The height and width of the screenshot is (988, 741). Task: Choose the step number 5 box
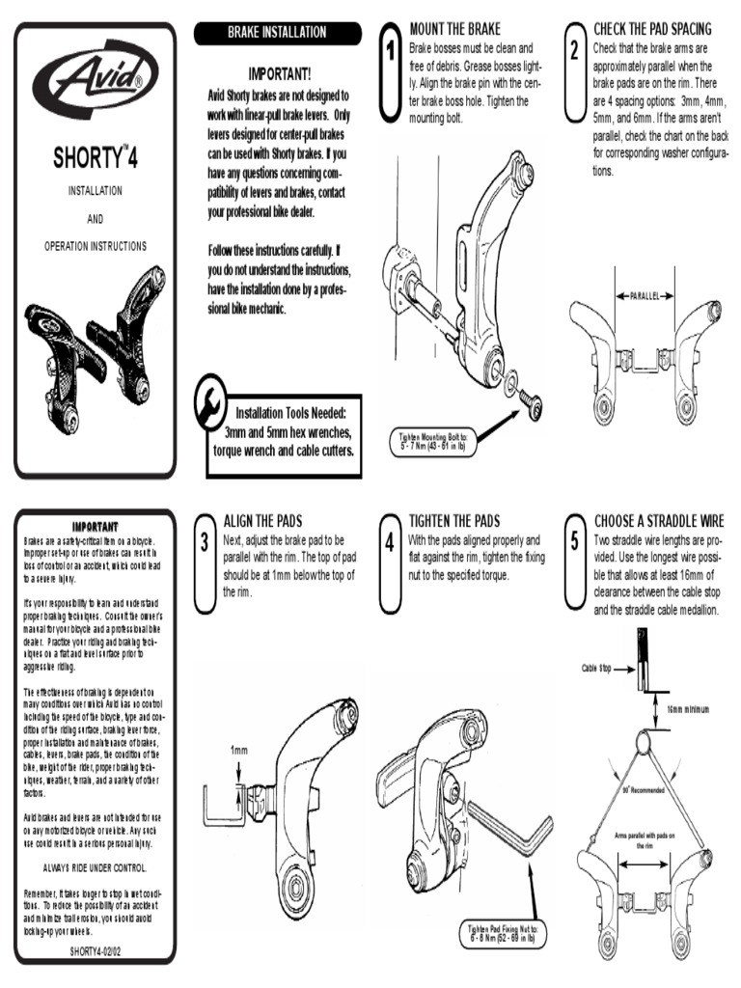(575, 541)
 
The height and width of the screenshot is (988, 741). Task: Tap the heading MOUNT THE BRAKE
(455, 29)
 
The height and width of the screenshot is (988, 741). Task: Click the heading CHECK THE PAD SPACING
(652, 29)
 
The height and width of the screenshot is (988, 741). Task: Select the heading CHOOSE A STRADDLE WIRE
(659, 521)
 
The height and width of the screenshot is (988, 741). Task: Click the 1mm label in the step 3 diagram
(238, 751)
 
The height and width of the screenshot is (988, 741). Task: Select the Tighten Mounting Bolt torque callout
(433, 441)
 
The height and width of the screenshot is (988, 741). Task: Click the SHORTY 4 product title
(95, 157)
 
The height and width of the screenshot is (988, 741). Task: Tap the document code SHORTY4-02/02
(96, 949)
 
